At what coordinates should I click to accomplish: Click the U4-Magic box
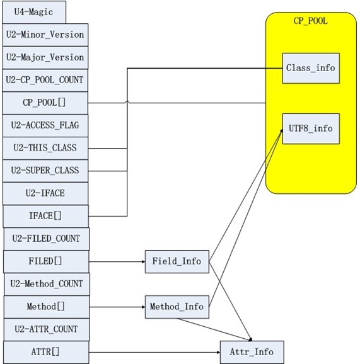[x=34, y=12]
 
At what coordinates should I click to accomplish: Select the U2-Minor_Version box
[x=45, y=35]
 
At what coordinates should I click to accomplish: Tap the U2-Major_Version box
[x=45, y=57]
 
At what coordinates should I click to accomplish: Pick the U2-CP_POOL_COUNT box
[x=45, y=80]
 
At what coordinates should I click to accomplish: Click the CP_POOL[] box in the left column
[x=45, y=103]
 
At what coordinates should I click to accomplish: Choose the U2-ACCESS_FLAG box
[x=45, y=125]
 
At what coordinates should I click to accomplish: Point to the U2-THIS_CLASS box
[x=45, y=148]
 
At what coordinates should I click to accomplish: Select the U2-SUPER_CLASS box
[x=45, y=171]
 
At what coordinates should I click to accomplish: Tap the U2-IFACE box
[x=45, y=193]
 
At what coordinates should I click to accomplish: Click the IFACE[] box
[x=45, y=216]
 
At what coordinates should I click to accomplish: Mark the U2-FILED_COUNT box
[x=47, y=239]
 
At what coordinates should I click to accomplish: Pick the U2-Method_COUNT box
[x=47, y=284]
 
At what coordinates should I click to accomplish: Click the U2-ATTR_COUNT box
[x=47, y=329]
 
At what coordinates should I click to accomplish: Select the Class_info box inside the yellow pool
[x=311, y=68]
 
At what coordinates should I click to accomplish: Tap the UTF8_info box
[x=311, y=128]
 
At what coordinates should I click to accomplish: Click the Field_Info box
[x=177, y=261]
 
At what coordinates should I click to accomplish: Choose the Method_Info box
[x=177, y=307]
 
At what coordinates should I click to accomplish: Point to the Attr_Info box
[x=252, y=352]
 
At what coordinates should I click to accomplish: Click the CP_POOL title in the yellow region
[x=310, y=21]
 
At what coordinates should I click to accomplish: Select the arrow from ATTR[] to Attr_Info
[x=154, y=353]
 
